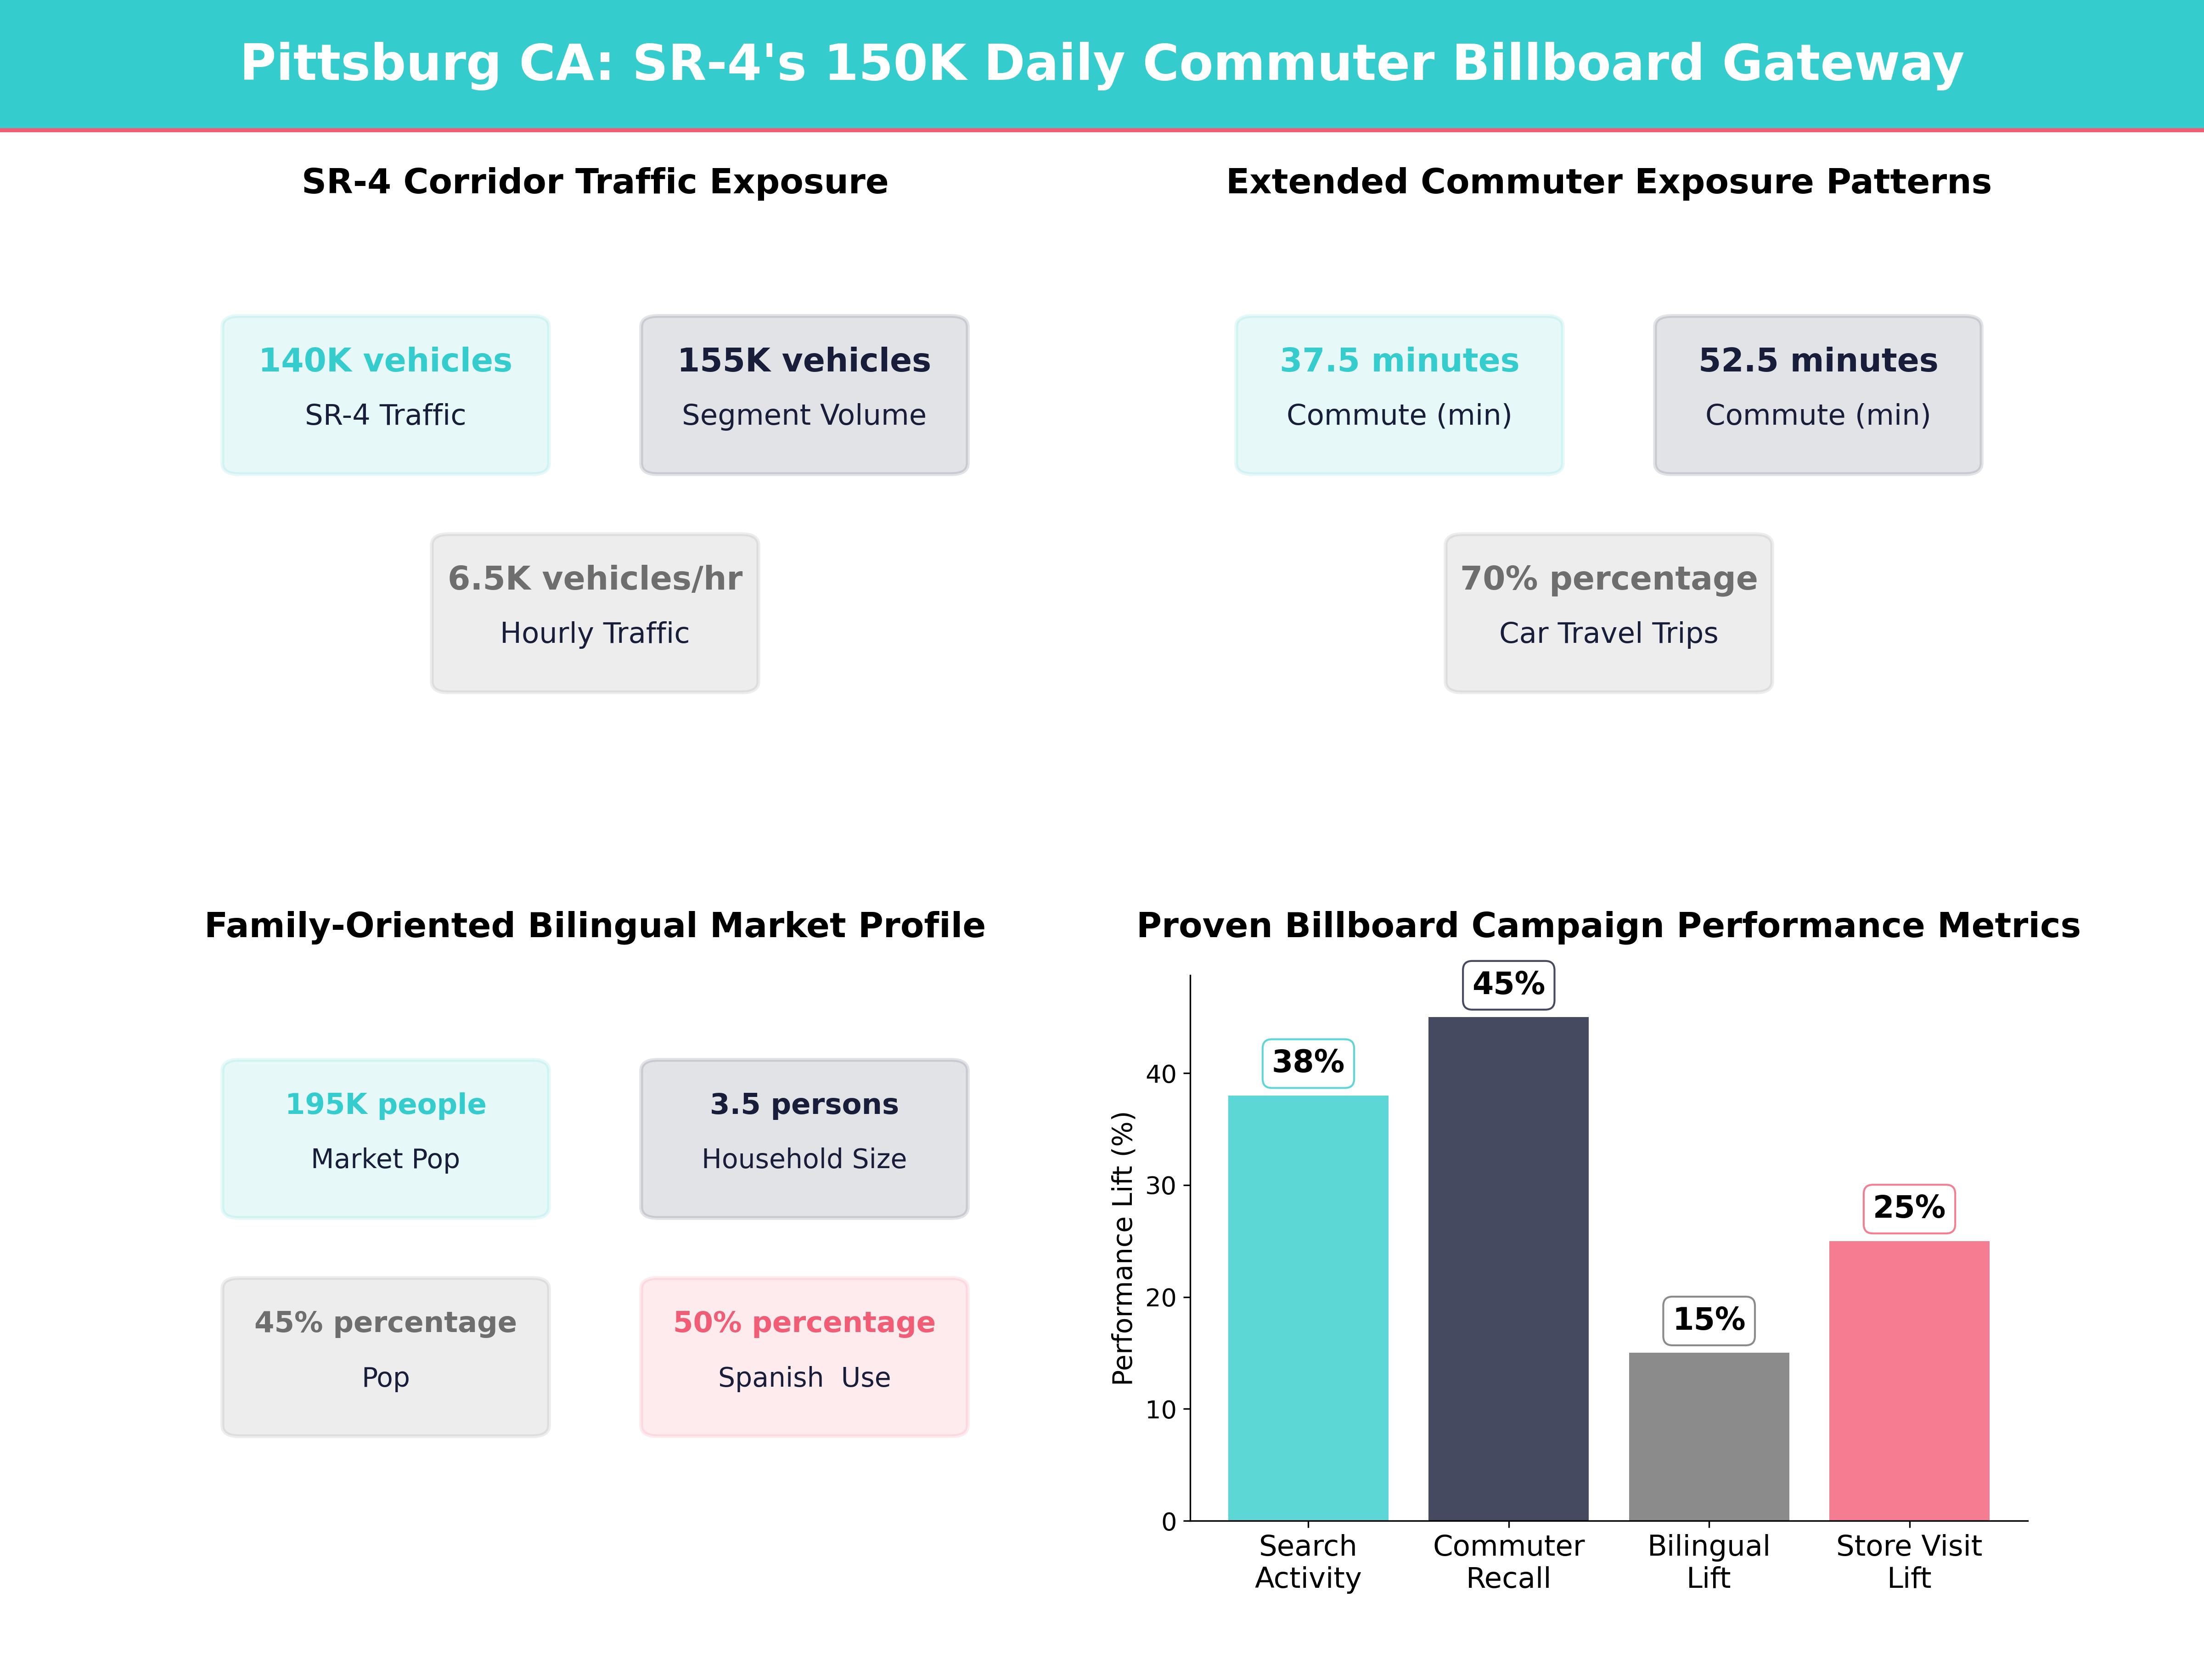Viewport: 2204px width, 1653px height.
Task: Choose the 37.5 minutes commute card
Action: [1399, 394]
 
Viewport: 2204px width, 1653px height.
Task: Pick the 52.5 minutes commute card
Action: [1817, 394]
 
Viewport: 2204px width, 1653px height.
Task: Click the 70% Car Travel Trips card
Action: [1608, 613]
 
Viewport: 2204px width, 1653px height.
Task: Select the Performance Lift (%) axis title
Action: [1123, 1248]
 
